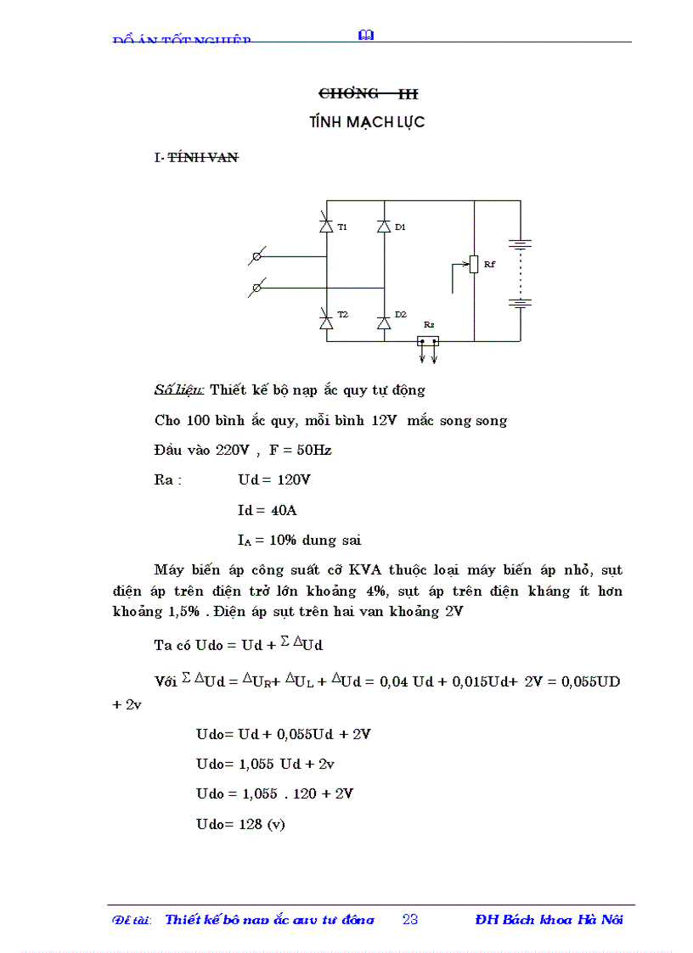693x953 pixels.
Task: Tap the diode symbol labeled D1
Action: pyautogui.click(x=384, y=227)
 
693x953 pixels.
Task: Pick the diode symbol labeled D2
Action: pyautogui.click(x=384, y=322)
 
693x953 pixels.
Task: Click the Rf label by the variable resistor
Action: pyautogui.click(x=489, y=265)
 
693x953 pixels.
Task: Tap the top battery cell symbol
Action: pyautogui.click(x=520, y=244)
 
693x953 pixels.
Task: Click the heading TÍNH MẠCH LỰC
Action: pyautogui.click(x=367, y=122)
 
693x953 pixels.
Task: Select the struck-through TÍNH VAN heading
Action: pyautogui.click(x=203, y=157)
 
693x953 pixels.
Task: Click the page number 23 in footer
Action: pyautogui.click(x=410, y=920)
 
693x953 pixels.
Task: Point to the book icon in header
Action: pyautogui.click(x=367, y=35)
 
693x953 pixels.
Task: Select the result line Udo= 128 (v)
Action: pyautogui.click(x=240, y=823)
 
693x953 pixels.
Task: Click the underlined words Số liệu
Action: pyautogui.click(x=178, y=390)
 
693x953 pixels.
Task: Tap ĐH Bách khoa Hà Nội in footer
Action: pyautogui.click(x=549, y=920)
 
